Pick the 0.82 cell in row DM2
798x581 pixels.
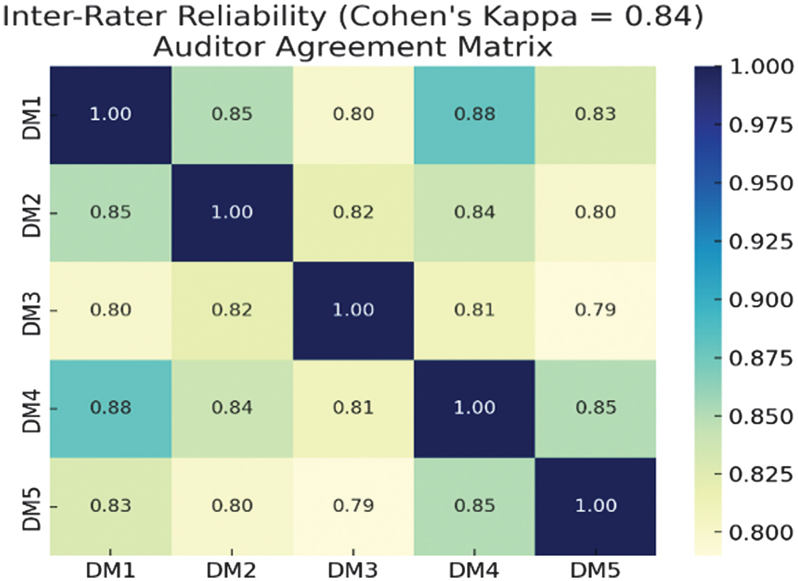coord(354,212)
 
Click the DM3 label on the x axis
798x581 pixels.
coord(354,569)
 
